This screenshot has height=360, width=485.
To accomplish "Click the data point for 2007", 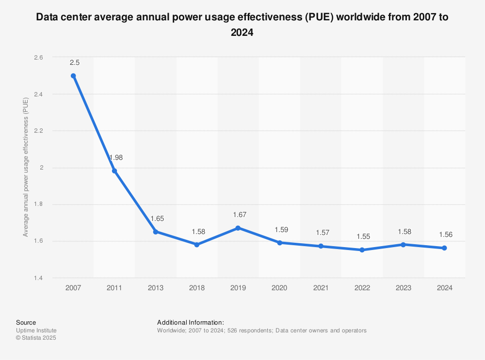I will [x=73, y=76].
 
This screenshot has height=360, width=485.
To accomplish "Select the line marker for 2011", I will [x=114, y=171].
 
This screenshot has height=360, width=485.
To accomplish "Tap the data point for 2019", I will [x=238, y=228].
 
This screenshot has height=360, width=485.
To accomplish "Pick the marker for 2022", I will [x=362, y=250].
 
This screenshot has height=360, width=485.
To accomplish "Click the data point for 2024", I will [x=444, y=248].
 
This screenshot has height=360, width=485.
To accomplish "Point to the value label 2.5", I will [x=74, y=63].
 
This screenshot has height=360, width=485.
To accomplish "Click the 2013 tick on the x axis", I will [x=156, y=288].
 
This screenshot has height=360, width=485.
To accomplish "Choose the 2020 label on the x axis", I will [x=279, y=288].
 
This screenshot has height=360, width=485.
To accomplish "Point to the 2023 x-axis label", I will [x=403, y=288].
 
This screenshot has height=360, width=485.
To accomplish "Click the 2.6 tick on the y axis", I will [x=38, y=57].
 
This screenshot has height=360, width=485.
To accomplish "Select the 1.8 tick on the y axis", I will [x=38, y=204].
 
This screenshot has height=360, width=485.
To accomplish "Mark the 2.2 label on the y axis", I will [x=38, y=131].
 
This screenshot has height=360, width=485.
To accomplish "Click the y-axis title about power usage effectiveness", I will [x=26, y=167].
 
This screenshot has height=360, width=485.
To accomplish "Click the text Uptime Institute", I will [x=36, y=330].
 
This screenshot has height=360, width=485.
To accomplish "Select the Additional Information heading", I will [x=190, y=322].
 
